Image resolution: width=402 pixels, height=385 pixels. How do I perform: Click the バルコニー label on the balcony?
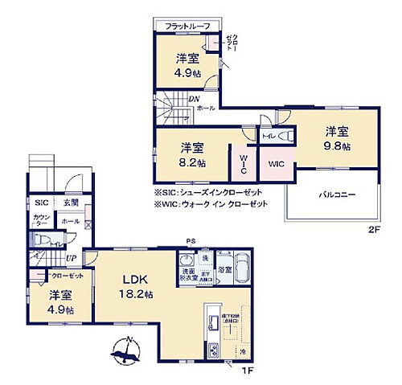[335, 195]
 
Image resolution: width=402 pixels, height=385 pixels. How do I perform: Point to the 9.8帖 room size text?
[338, 146]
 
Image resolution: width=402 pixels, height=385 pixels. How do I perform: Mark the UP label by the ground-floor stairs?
[72, 257]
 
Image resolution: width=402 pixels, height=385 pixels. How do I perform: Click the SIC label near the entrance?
[40, 203]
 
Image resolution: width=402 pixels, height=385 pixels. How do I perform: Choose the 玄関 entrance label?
[71, 203]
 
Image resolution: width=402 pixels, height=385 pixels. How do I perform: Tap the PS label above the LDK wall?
[191, 240]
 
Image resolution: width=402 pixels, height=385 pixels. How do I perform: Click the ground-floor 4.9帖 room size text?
[59, 309]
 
